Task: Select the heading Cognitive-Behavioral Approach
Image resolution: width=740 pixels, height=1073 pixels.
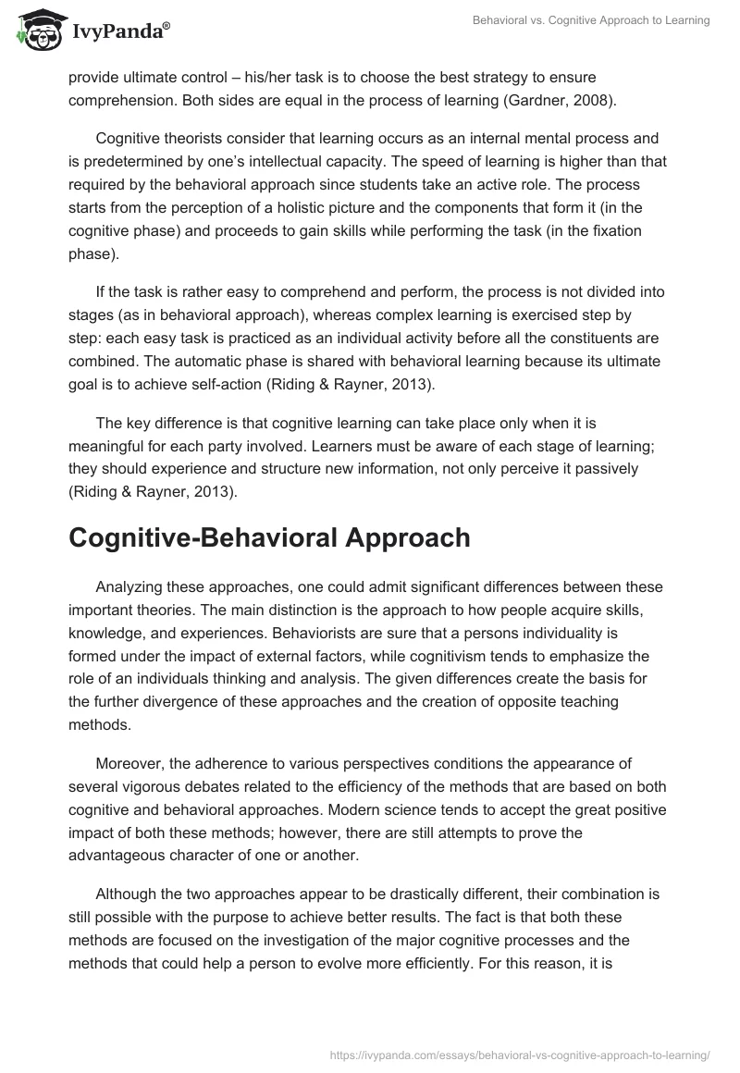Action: pos(269,538)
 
